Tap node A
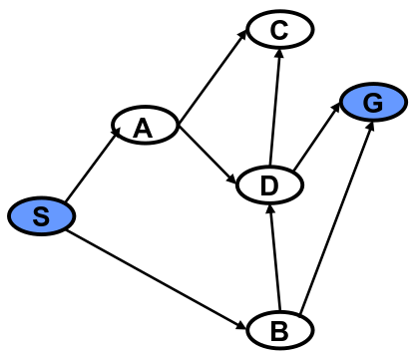coord(145,126)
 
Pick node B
coord(278,328)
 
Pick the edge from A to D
coord(208,155)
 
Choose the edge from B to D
coord(274,256)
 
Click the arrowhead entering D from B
coord(269,206)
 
